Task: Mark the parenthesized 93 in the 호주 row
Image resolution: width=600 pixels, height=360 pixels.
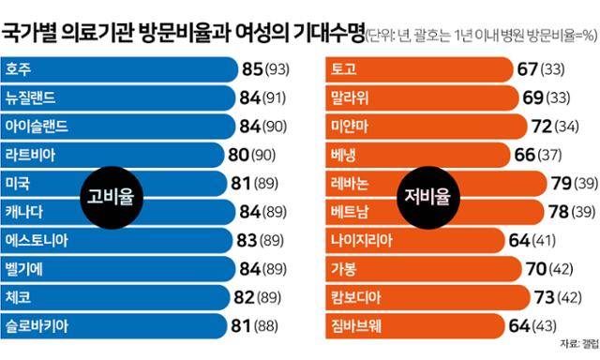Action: point(280,69)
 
